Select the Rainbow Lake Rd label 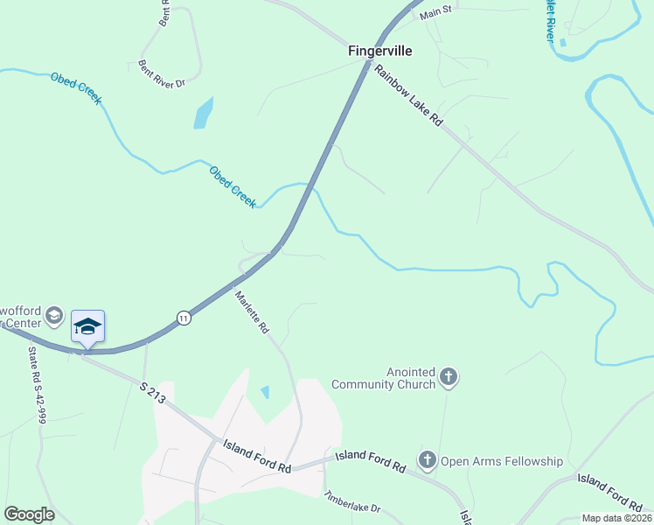pyautogui.click(x=409, y=97)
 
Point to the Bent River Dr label pyautogui.click(x=163, y=72)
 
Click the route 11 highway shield pyautogui.click(x=183, y=317)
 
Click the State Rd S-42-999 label pyautogui.click(x=36, y=386)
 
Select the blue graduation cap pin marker pyautogui.click(x=87, y=327)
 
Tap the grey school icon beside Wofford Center pyautogui.click(x=54, y=315)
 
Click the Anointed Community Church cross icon pyautogui.click(x=449, y=378)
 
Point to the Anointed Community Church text pyautogui.click(x=383, y=378)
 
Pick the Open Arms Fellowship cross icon pyautogui.click(x=427, y=460)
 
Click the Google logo pyautogui.click(x=29, y=514)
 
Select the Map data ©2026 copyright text pyautogui.click(x=616, y=518)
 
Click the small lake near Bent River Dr pyautogui.click(x=203, y=113)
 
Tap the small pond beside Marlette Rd pyautogui.click(x=265, y=392)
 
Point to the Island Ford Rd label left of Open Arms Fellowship pyautogui.click(x=370, y=461)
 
